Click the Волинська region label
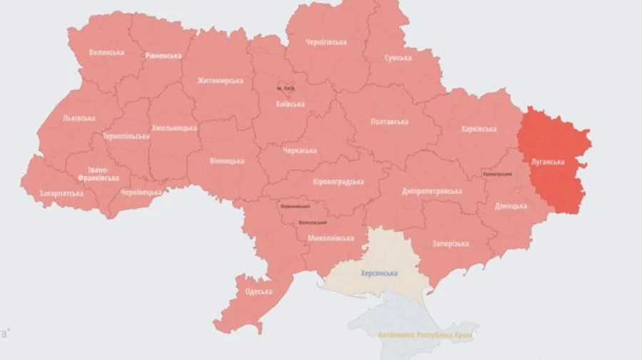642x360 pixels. pyautogui.click(x=106, y=52)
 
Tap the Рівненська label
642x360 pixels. pyautogui.click(x=163, y=56)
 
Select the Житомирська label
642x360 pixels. pyautogui.click(x=220, y=81)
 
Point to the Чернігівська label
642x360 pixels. pyautogui.click(x=325, y=42)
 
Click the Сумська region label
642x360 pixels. pyautogui.click(x=397, y=58)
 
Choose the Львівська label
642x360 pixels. pyautogui.click(x=78, y=118)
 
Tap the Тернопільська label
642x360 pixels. pyautogui.click(x=126, y=136)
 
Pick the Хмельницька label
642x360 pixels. pyautogui.click(x=174, y=128)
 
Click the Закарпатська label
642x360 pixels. pyautogui.click(x=61, y=193)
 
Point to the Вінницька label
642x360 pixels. pyautogui.click(x=227, y=161)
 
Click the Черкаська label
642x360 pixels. pyautogui.click(x=299, y=151)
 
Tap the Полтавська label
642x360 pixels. pyautogui.click(x=389, y=122)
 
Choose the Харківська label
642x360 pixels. pyautogui.click(x=479, y=129)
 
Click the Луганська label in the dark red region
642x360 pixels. pyautogui.click(x=548, y=162)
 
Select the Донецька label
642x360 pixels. pyautogui.click(x=511, y=206)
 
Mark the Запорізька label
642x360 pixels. pyautogui.click(x=450, y=244)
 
